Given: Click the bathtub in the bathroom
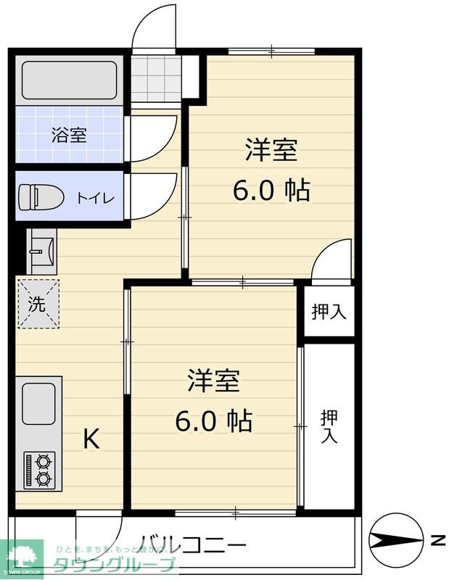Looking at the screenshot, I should [x=69, y=80].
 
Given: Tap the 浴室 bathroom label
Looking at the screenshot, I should [x=69, y=135].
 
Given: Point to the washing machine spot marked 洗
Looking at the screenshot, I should [x=37, y=304].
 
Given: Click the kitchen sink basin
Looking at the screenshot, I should [x=38, y=404].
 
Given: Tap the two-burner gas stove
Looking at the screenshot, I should [x=39, y=469].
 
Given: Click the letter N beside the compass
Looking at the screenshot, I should [x=437, y=540].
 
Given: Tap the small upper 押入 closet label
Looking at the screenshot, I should [x=329, y=312].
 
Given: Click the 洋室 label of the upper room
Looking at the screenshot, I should [x=271, y=150].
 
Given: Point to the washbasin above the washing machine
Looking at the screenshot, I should [x=41, y=249].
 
